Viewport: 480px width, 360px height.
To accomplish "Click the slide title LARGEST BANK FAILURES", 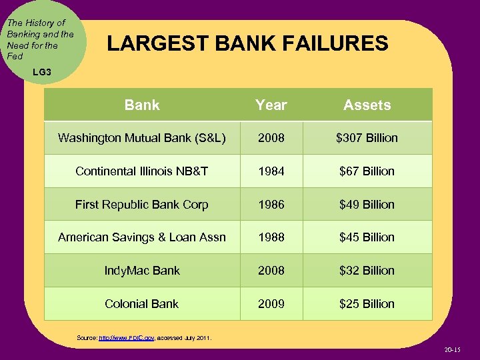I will tap(247, 44).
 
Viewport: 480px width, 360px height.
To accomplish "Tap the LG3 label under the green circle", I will tap(41, 71).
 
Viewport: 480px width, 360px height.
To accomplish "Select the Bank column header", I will tap(142, 105).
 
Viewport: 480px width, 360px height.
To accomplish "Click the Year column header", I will tap(271, 105).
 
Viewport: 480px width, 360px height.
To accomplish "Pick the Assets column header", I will tap(367, 105).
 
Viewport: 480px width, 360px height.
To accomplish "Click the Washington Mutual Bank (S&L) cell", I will tap(142, 138).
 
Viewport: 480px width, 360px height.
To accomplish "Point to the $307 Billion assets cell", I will tap(367, 138).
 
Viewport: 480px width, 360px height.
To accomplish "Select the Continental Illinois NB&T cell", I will tap(142, 171).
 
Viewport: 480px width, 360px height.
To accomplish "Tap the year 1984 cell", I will tap(271, 171).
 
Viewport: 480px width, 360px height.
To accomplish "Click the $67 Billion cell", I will tap(367, 171).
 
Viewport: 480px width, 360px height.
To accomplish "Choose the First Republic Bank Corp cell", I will tap(142, 205).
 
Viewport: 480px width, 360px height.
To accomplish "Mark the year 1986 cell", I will tap(271, 205).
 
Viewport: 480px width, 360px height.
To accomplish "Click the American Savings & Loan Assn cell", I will tap(142, 237).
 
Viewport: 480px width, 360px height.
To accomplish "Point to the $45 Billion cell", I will tap(367, 237).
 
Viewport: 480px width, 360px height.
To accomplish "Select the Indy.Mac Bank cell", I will tap(142, 271).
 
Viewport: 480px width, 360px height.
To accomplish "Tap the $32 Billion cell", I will tap(367, 271).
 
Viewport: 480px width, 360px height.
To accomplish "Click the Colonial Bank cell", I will tap(142, 304).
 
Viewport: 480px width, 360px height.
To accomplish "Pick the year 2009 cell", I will tap(271, 304).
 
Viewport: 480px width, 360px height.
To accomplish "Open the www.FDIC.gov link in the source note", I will tap(126, 338).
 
